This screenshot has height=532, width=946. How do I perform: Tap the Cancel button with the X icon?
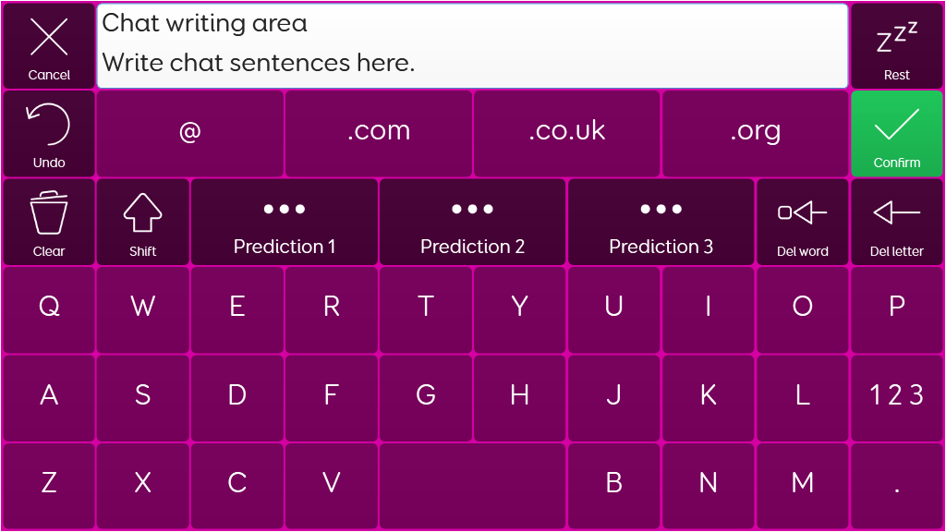coord(49,46)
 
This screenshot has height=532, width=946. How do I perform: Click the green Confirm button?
coord(896,134)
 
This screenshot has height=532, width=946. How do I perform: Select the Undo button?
coord(49,134)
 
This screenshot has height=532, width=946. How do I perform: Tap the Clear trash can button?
coord(49,222)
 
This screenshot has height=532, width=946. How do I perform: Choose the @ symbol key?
coord(190,134)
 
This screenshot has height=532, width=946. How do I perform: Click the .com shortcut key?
coord(378,134)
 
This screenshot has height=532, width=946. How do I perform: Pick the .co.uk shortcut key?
coord(567,134)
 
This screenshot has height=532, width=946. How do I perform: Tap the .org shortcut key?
coord(756,134)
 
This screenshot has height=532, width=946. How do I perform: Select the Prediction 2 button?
coord(472,222)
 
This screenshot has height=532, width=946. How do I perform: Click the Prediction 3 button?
coord(661,222)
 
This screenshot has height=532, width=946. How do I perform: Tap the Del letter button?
coord(896,222)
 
